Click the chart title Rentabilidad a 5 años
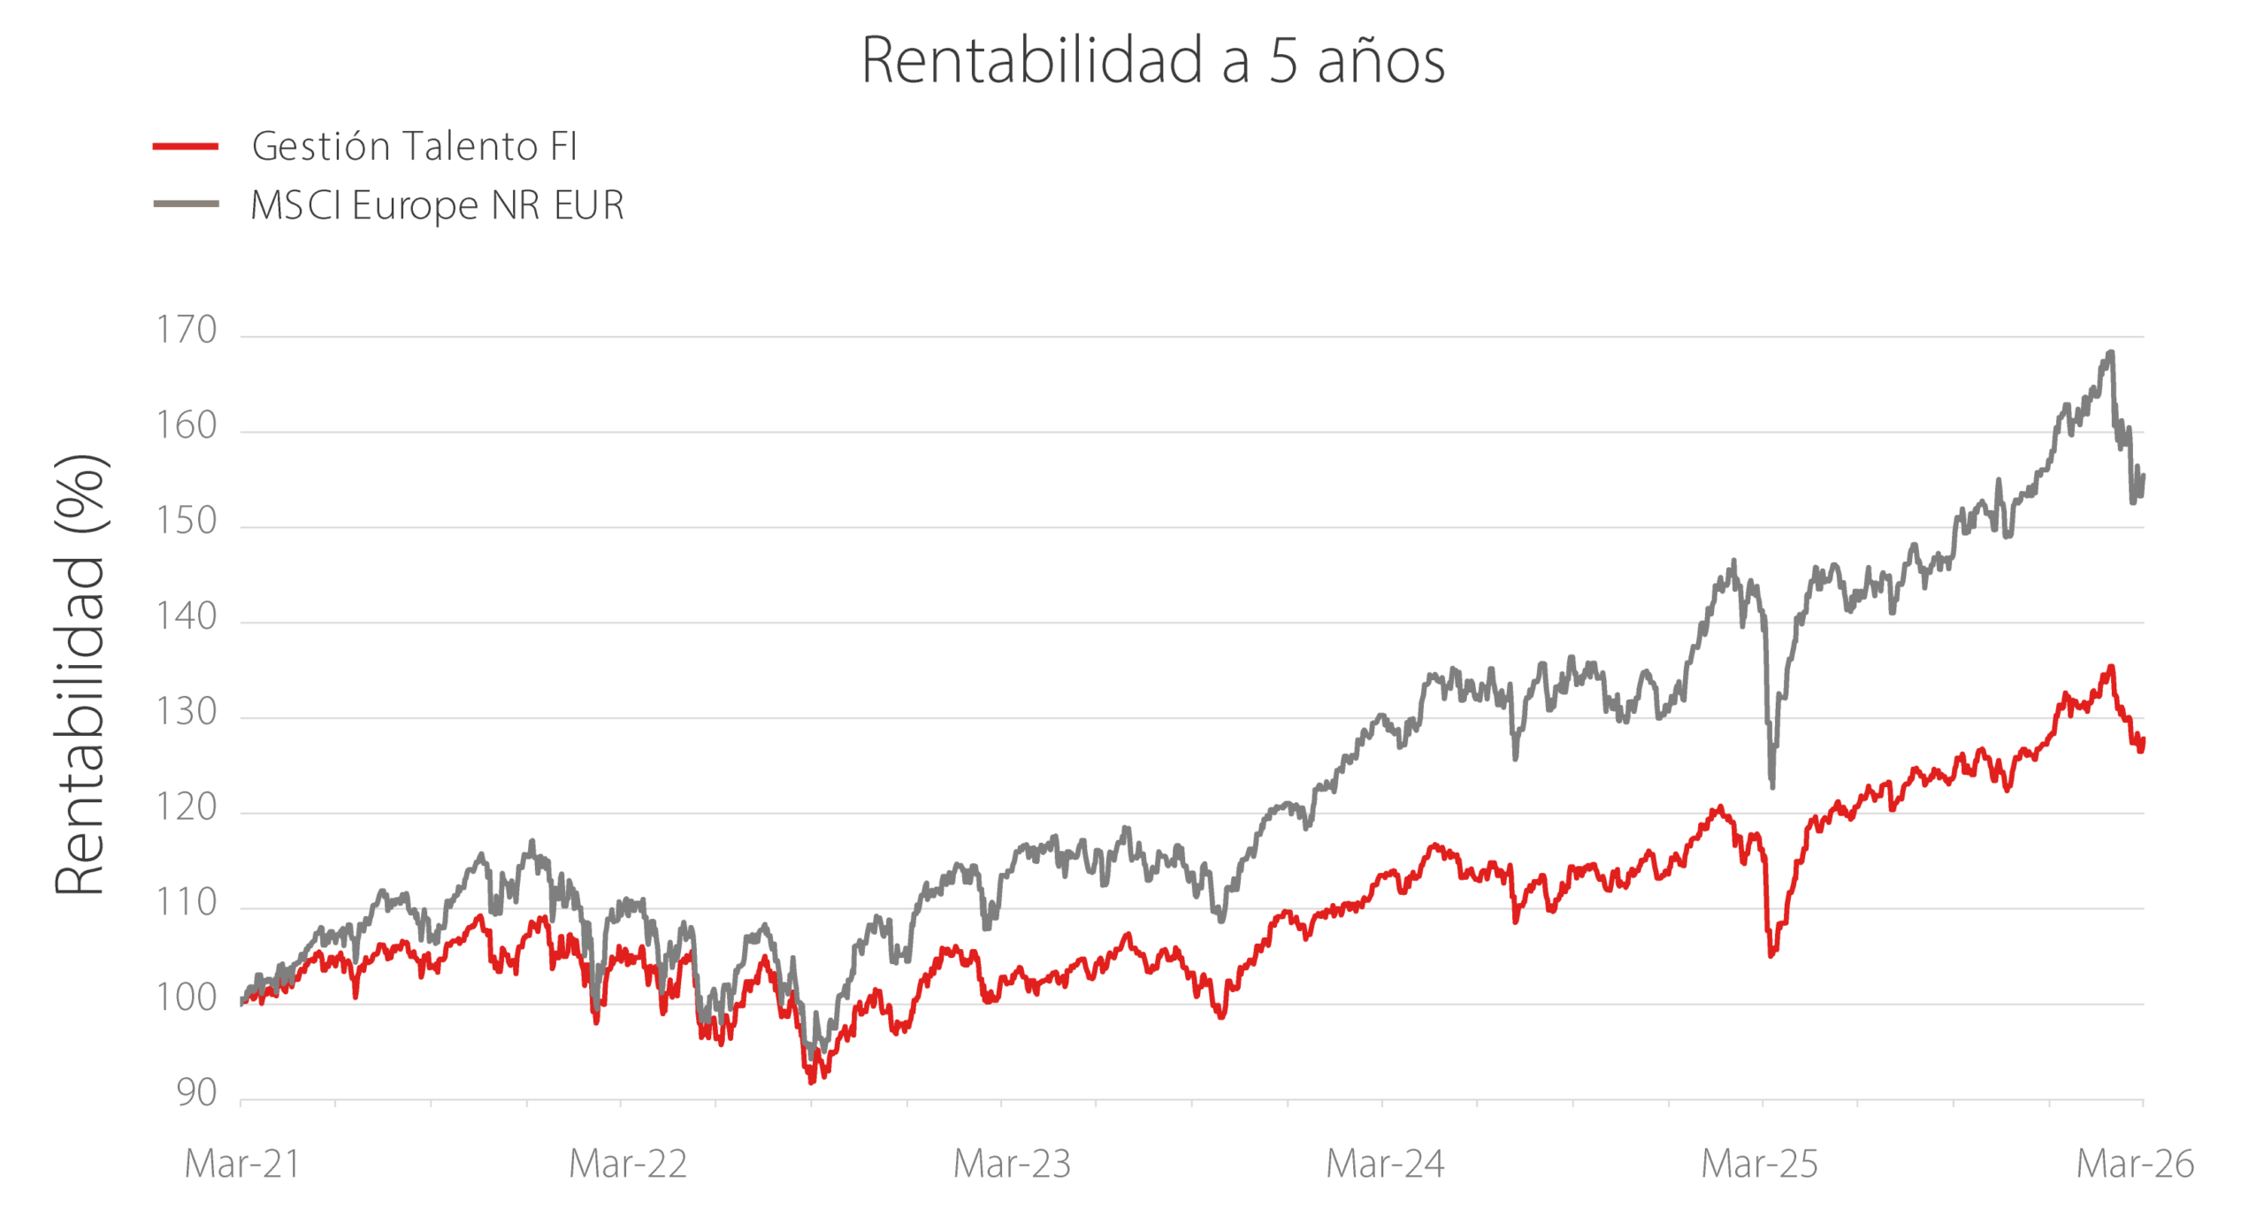(1152, 60)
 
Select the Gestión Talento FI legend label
(415, 146)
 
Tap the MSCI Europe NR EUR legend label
(438, 205)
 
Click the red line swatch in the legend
(186, 146)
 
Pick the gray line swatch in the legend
(186, 204)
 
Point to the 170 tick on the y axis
(187, 330)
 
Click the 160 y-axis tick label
(187, 425)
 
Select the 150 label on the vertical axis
(187, 521)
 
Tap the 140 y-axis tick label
(187, 616)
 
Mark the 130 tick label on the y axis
(187, 712)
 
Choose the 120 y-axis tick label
(187, 807)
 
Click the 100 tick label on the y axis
(187, 998)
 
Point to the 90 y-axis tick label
(197, 1093)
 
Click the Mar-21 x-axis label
(242, 1164)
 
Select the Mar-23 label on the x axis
(1012, 1164)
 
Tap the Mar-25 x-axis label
(1760, 1164)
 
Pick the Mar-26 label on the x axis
(2135, 1164)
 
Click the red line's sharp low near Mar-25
(1771, 954)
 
